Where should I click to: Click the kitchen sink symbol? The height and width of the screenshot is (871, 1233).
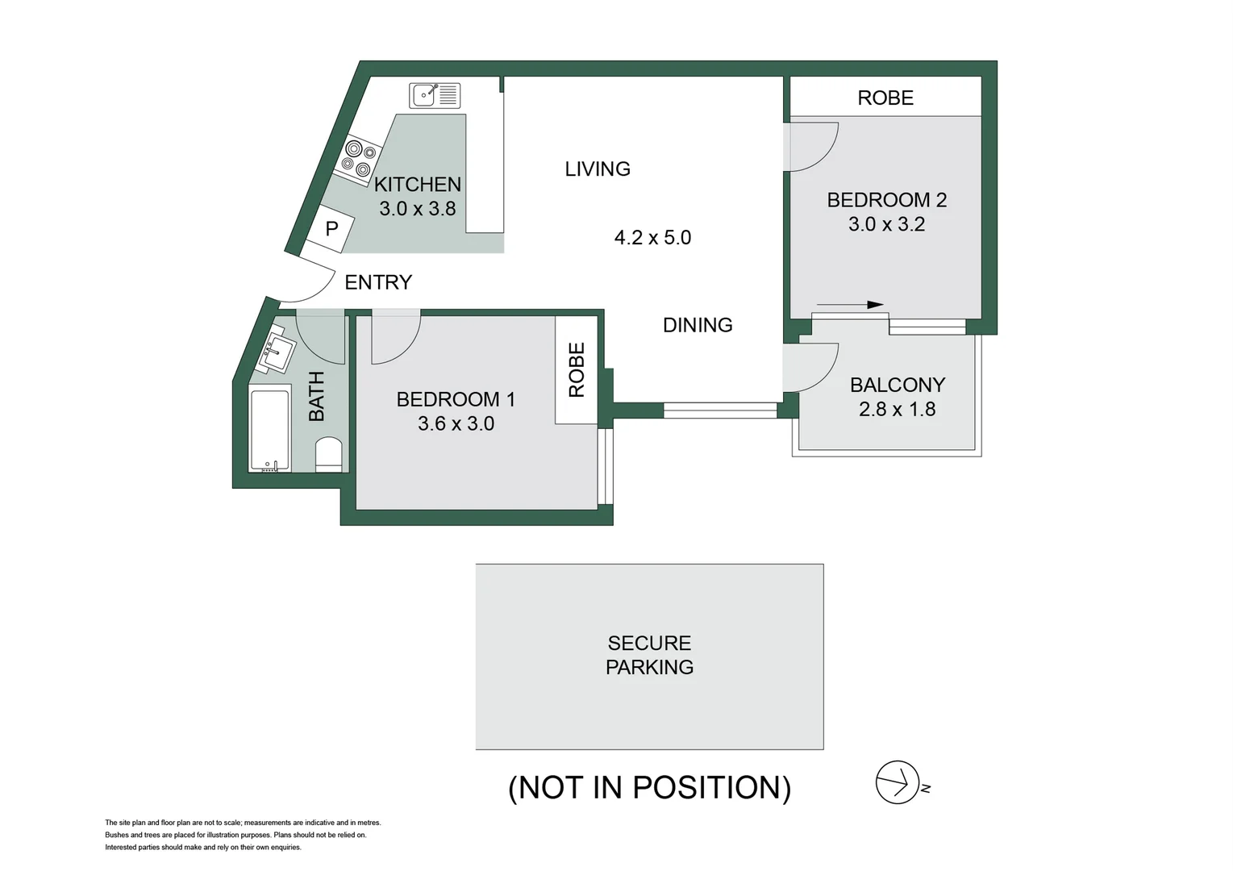click(x=435, y=95)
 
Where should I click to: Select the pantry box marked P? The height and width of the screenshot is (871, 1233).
click(x=331, y=229)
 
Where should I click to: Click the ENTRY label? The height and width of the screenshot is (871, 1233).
click(x=378, y=282)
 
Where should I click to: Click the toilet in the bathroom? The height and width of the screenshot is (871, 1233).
click(x=328, y=455)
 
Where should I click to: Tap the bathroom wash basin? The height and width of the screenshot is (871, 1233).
click(x=277, y=352)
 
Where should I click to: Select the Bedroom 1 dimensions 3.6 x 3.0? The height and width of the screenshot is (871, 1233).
click(x=456, y=423)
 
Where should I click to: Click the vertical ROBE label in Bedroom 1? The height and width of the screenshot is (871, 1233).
click(x=577, y=370)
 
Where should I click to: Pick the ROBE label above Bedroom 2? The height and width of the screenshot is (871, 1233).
click(x=885, y=98)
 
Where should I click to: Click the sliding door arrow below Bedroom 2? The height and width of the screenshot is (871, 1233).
click(x=850, y=305)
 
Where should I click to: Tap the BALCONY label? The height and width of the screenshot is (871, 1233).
click(x=898, y=385)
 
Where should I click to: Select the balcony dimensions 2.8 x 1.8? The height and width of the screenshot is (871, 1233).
click(x=897, y=409)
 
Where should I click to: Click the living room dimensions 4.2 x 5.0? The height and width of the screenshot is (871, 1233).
click(x=652, y=237)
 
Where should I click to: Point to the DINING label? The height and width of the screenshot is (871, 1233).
click(x=698, y=325)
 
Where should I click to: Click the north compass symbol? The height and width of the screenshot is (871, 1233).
click(x=898, y=782)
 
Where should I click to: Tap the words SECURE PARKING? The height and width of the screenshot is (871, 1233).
click(x=649, y=655)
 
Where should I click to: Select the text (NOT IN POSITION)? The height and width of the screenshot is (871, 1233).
click(x=649, y=787)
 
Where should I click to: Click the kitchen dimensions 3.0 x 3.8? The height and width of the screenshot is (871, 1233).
click(x=417, y=208)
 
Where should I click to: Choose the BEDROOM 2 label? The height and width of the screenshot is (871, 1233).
click(x=886, y=200)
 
